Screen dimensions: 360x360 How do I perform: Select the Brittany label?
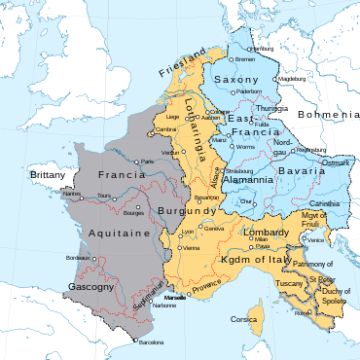point(47,174)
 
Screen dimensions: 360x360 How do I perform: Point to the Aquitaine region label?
point(120,234)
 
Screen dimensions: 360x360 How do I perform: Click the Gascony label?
point(92,287)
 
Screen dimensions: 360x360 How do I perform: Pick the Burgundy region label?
point(193,209)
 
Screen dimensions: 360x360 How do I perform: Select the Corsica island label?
point(243,319)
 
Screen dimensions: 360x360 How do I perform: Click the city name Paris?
point(146,161)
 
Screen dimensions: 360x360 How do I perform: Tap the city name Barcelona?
point(151,343)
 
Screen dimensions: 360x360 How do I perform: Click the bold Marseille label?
point(176,296)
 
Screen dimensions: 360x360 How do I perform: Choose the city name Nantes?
point(72,194)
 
